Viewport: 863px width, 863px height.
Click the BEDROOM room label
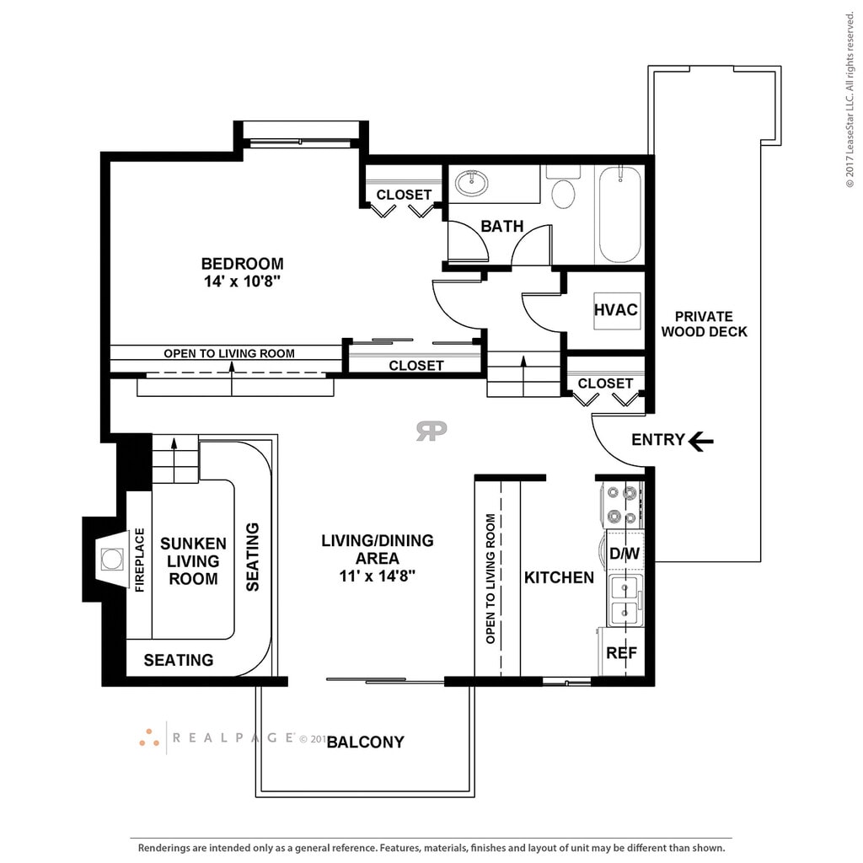tap(242, 264)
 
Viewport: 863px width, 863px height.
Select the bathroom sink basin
tap(471, 183)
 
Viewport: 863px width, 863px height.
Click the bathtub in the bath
tap(619, 215)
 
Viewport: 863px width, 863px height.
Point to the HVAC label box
tap(616, 310)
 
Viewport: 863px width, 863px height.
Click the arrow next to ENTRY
tap(701, 440)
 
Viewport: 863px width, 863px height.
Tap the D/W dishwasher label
tap(624, 553)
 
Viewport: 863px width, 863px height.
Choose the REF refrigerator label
tap(621, 653)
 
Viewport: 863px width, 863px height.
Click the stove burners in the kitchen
tap(622, 505)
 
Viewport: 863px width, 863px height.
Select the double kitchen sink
tap(624, 600)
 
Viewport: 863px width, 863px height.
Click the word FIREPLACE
tap(140, 560)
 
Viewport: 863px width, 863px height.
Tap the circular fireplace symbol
tap(112, 560)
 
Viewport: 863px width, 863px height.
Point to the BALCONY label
tap(366, 742)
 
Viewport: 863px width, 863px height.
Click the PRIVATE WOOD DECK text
tap(704, 324)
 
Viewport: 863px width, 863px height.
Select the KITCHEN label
tap(559, 577)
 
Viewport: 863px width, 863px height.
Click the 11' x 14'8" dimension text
tap(377, 576)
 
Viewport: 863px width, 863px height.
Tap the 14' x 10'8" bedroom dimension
tap(242, 281)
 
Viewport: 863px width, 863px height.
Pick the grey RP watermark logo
tap(431, 431)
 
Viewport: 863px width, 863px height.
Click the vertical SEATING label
tap(252, 557)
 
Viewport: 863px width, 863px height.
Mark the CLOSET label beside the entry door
tap(605, 383)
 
